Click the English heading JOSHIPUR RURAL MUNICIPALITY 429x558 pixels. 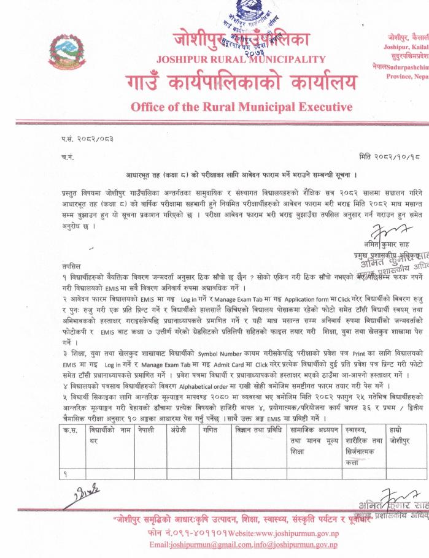[241, 59]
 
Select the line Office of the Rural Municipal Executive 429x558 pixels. [241, 107]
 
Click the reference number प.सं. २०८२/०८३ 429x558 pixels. [87, 140]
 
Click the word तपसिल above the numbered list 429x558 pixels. [72, 268]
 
